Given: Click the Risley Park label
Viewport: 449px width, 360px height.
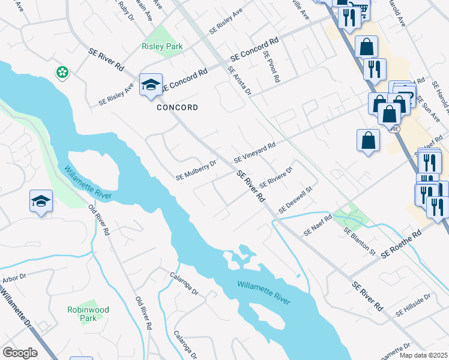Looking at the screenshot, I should click(x=162, y=46).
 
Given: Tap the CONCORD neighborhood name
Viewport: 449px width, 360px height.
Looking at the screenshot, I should click(x=177, y=108).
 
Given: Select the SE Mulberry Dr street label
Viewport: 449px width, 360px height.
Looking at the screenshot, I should click(x=196, y=170).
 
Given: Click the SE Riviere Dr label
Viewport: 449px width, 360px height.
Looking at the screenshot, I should click(x=276, y=177).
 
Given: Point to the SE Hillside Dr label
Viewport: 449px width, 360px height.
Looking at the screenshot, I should click(x=414, y=305).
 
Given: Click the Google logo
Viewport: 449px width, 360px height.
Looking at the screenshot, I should click(x=20, y=353).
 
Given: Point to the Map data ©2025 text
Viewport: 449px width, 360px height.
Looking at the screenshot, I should click(x=424, y=355).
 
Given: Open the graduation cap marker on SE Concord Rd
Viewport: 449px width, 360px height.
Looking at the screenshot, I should click(x=151, y=85).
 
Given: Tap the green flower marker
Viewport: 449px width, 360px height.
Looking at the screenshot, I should click(x=62, y=73).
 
